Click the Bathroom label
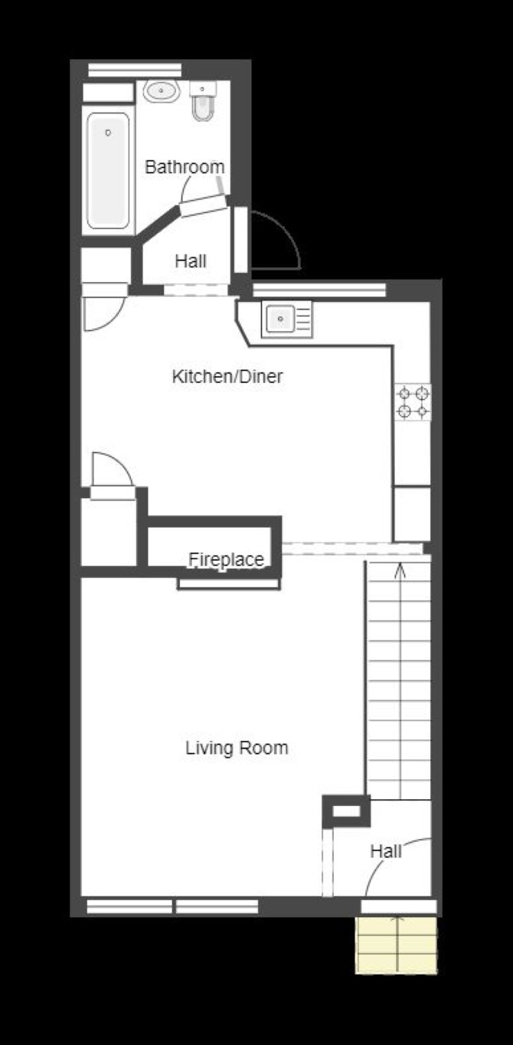coord(185,166)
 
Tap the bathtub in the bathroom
coord(108,171)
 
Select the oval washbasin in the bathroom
coord(162,91)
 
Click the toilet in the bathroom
coord(204,101)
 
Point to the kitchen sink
coord(279,319)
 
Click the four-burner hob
coord(413,401)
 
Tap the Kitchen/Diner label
coord(227,376)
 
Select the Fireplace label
coord(226,559)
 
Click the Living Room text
coord(237,748)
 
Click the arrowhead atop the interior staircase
coord(400,571)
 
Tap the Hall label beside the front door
coord(386,851)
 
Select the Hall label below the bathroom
coord(191,261)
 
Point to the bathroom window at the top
coord(135,70)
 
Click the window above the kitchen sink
coord(319,290)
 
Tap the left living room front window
coord(129,906)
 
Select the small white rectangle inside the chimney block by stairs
coord(347,812)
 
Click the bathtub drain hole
coord(108,133)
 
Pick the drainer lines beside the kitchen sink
coord(303,319)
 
